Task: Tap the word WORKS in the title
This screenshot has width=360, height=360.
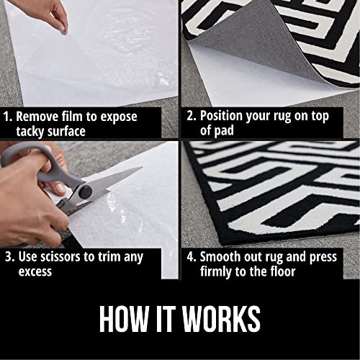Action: click(x=221, y=319)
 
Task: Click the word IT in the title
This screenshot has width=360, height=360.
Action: click(x=167, y=319)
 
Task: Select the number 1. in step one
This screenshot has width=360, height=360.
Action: click(x=7, y=115)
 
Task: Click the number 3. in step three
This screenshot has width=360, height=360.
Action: click(x=7, y=257)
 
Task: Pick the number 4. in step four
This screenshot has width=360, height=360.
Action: click(x=189, y=257)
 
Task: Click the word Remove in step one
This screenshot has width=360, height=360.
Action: click(x=38, y=115)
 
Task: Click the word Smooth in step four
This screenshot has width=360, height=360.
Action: click(x=222, y=257)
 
